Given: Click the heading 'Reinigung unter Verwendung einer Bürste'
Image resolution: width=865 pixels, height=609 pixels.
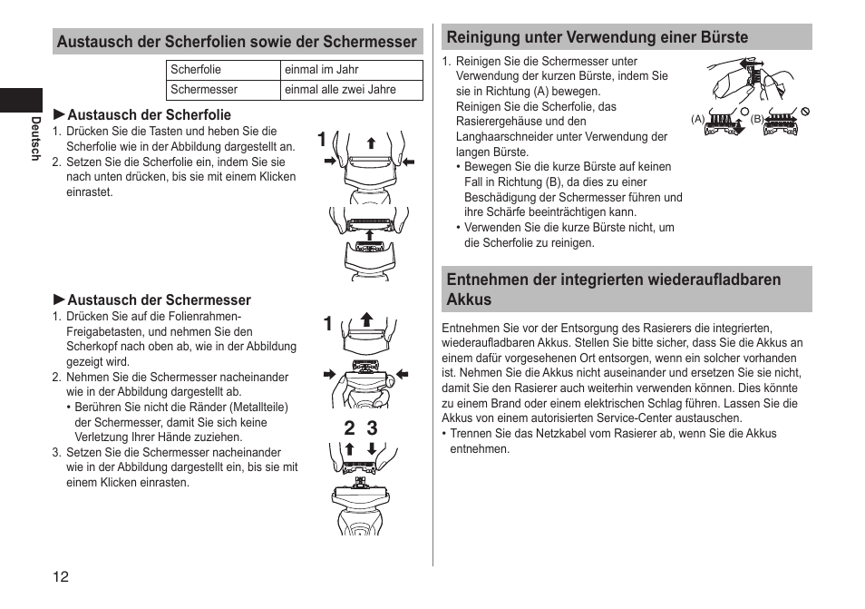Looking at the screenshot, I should click(598, 37).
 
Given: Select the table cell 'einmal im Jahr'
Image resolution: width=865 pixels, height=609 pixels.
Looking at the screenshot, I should click(322, 70).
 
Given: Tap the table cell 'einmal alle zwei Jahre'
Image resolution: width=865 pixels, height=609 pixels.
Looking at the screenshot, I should click(340, 90).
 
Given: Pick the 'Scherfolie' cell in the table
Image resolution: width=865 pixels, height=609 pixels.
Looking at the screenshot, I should click(196, 70).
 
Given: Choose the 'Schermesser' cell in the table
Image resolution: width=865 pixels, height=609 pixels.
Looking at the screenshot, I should click(204, 90).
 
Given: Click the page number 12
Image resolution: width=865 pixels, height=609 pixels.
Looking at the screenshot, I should click(60, 576).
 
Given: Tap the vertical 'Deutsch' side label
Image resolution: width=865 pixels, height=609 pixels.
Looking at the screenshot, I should click(36, 139).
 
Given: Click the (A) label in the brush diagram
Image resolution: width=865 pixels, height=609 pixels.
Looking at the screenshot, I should click(697, 119).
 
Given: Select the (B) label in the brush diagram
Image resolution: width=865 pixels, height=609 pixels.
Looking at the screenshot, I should click(757, 119).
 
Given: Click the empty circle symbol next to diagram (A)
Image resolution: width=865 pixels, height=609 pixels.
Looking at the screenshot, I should click(744, 111).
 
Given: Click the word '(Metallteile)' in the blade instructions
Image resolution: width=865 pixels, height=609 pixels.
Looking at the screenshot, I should click(258, 408).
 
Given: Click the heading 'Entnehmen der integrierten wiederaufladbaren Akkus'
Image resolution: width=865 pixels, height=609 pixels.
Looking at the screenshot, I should click(614, 290).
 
